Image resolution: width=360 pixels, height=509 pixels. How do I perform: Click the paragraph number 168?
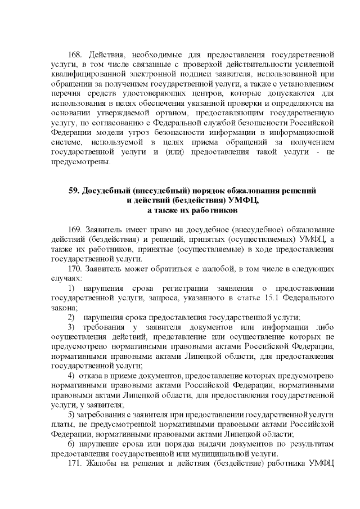[75, 55]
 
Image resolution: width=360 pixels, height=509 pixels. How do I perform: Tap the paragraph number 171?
[75, 463]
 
